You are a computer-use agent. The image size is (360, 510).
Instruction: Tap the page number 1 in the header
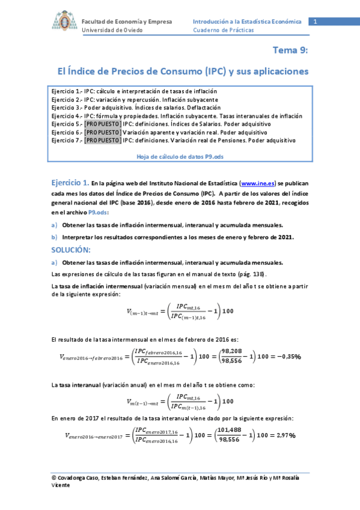click(x=314, y=22)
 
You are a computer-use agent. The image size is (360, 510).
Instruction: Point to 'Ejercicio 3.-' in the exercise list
click(x=66, y=108)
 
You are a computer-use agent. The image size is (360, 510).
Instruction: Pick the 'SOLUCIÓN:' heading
click(x=71, y=250)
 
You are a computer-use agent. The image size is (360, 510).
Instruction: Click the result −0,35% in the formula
click(x=285, y=356)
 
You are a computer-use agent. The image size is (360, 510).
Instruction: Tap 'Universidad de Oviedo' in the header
click(x=112, y=30)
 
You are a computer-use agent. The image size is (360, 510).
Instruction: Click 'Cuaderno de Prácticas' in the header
click(x=220, y=30)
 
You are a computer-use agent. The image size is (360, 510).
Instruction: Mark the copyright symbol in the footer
click(x=54, y=478)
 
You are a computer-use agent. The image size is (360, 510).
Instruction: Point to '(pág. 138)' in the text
click(x=250, y=274)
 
